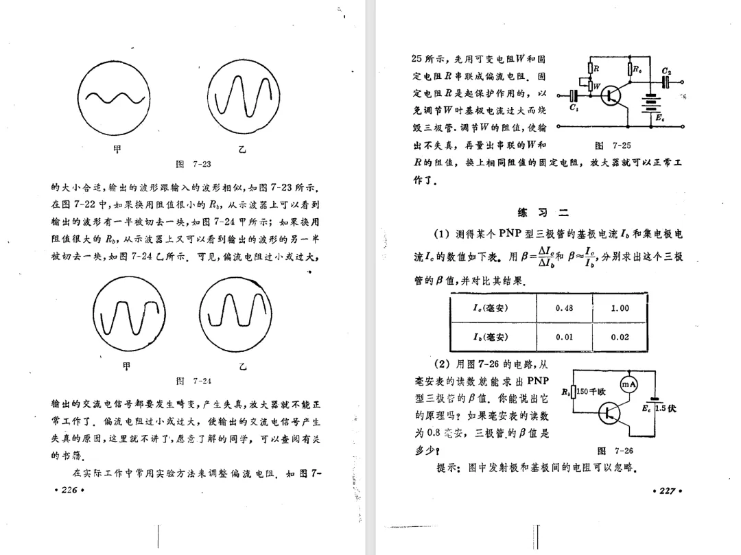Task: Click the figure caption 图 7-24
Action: (x=193, y=380)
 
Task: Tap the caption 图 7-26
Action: (x=615, y=451)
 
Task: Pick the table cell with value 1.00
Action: (x=620, y=308)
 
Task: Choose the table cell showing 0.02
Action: (x=620, y=337)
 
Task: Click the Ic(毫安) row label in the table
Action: (x=490, y=308)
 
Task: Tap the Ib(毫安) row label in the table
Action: (x=490, y=337)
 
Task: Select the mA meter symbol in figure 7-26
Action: (x=629, y=386)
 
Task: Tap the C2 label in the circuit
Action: (x=666, y=71)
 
